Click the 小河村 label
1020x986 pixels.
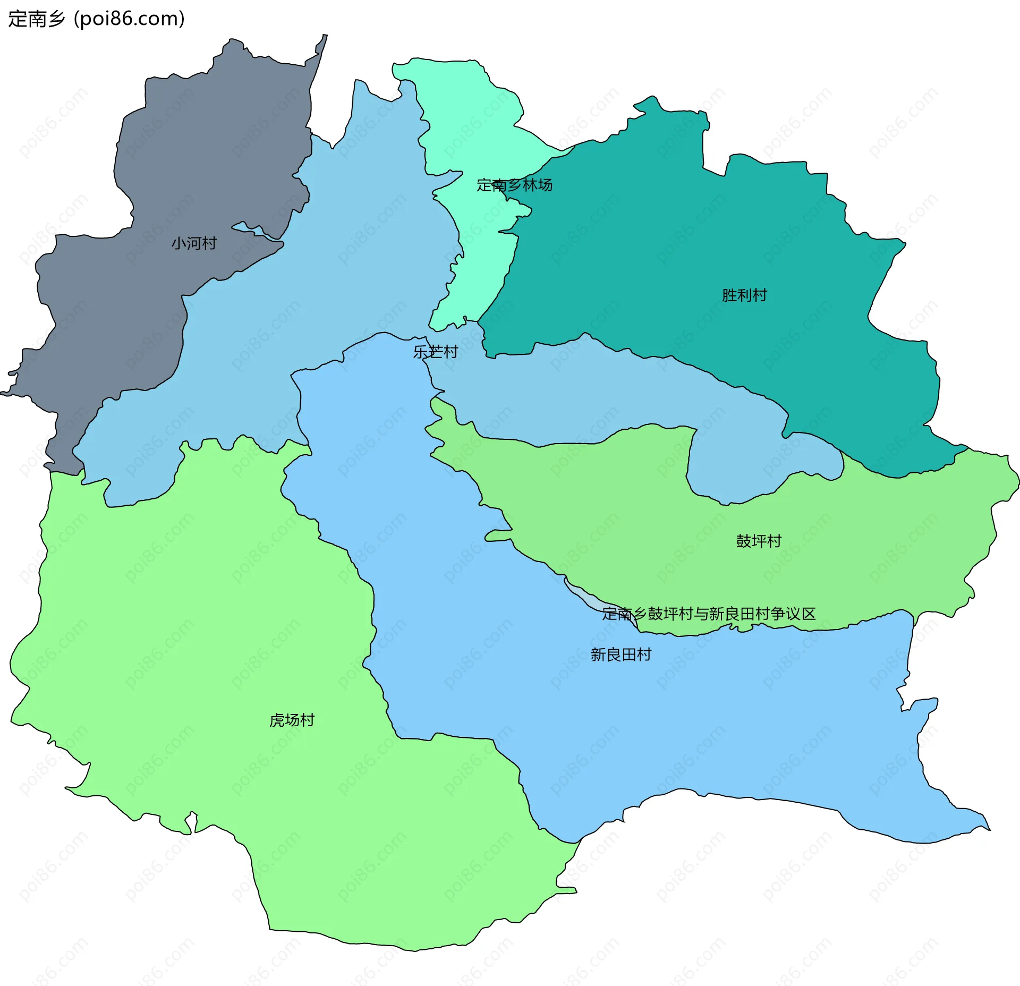[x=194, y=243]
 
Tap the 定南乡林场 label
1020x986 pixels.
[x=514, y=185]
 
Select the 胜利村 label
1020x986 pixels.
[x=744, y=295]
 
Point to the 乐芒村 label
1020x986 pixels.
[x=436, y=352]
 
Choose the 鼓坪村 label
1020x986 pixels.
[x=759, y=541]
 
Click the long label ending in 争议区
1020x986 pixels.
[x=709, y=614]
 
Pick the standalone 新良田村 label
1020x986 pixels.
[x=620, y=654]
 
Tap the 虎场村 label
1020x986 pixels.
[x=292, y=720]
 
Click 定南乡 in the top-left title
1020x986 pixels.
[x=36, y=19]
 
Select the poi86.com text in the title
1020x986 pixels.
[x=130, y=19]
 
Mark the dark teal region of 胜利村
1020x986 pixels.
[x=691, y=239]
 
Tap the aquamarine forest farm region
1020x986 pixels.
[x=467, y=127]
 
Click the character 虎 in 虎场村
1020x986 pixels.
[x=277, y=720]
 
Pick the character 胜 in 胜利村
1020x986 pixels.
[x=729, y=295]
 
